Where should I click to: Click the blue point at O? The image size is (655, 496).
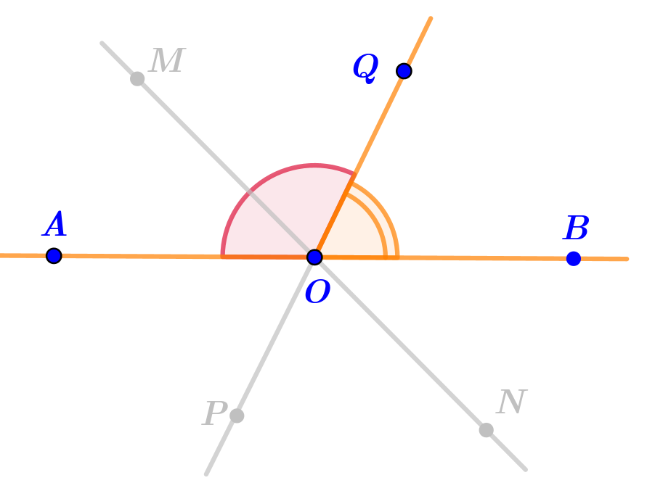click(x=314, y=257)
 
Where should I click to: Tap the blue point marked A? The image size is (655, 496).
click(x=54, y=255)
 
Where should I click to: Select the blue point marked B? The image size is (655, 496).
click(x=574, y=258)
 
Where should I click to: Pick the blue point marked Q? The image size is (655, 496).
click(x=404, y=71)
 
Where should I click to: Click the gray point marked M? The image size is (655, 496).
click(x=137, y=78)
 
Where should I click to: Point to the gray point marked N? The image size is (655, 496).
click(x=487, y=430)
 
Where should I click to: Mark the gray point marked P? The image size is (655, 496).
click(x=237, y=416)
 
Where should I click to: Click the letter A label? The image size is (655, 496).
click(x=55, y=225)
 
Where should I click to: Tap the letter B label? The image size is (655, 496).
click(x=577, y=229)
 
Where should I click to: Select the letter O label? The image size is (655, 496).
click(x=317, y=292)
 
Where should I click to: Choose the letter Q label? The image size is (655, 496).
click(x=365, y=67)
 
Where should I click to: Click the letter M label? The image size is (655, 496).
click(x=167, y=62)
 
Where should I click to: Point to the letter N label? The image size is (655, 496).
click(x=512, y=402)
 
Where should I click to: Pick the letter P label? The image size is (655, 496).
click(x=214, y=414)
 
